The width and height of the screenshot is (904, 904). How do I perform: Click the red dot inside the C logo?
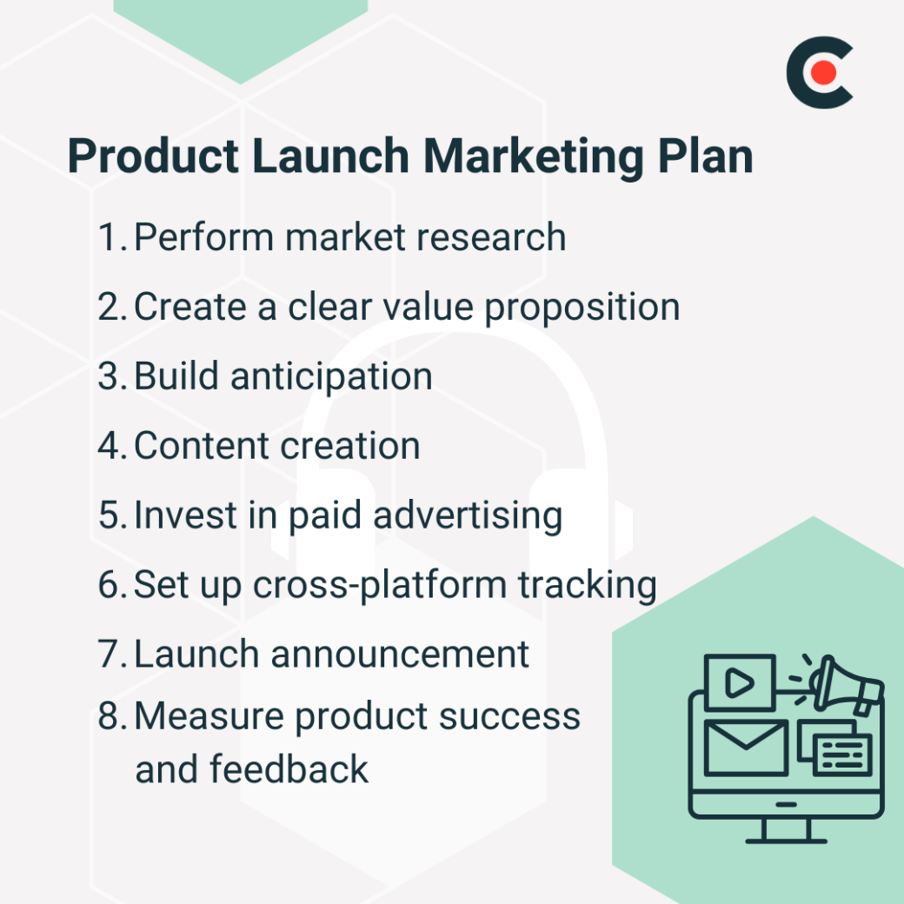[825, 73]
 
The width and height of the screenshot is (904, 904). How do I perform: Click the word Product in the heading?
[152, 157]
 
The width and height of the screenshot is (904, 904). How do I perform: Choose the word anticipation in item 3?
[331, 377]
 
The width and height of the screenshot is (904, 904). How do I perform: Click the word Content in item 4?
[203, 446]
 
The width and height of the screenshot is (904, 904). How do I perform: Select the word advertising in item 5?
[467, 515]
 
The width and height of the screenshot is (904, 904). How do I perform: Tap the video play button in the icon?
[740, 682]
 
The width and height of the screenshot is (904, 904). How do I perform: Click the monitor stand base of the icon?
[785, 839]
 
